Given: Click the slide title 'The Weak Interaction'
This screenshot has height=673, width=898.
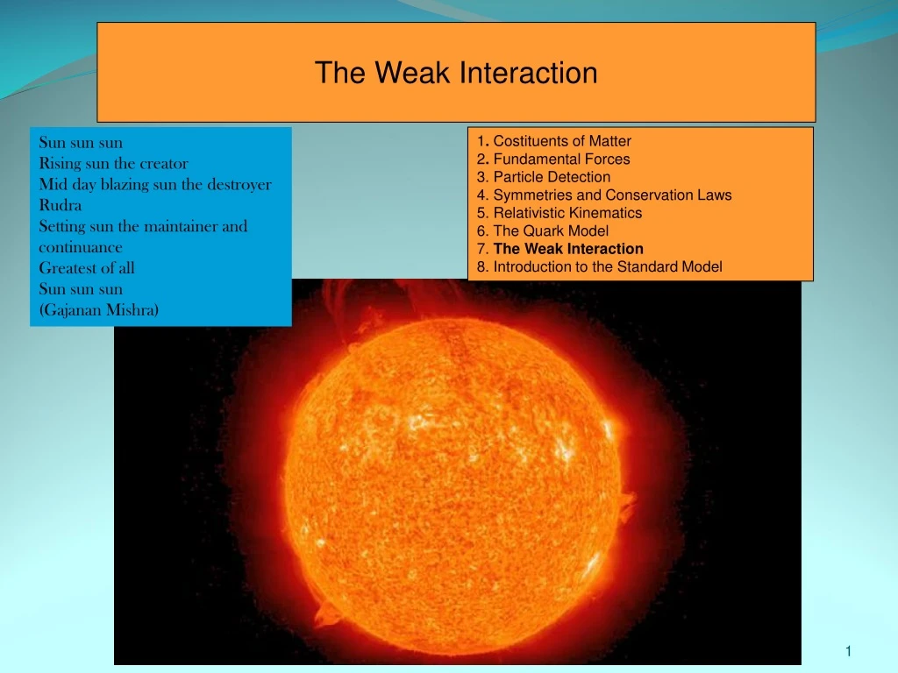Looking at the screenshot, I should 456,73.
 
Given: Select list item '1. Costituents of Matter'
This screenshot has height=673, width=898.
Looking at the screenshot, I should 554,141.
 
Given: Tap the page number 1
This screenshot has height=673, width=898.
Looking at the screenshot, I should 849,650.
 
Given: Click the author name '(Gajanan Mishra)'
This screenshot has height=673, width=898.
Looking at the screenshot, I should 99,309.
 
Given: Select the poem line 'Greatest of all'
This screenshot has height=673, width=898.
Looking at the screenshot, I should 87,268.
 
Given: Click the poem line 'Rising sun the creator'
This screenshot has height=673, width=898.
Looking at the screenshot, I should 113,163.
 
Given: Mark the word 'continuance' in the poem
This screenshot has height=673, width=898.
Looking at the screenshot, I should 81,247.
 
